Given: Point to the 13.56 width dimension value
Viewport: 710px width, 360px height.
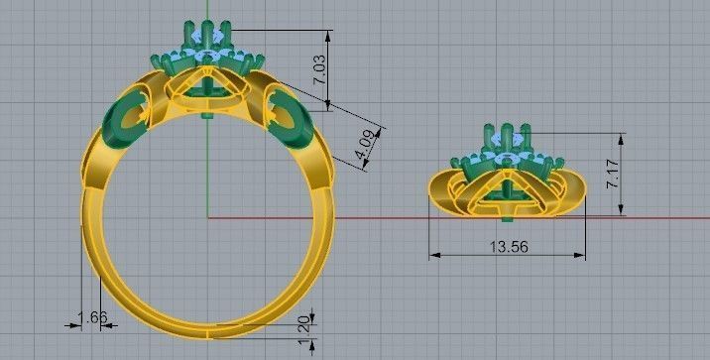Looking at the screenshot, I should pyautogui.click(x=509, y=246).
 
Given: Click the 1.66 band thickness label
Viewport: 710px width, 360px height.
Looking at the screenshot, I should pyautogui.click(x=91, y=317).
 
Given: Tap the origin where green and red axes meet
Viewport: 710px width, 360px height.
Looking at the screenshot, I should pyautogui.click(x=207, y=216).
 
